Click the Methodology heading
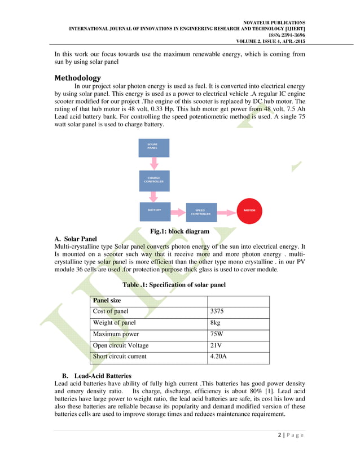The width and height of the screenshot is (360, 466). (x=77, y=78)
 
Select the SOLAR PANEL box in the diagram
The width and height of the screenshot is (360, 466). (x=153, y=148)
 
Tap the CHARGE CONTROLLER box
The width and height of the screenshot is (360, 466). (x=153, y=181)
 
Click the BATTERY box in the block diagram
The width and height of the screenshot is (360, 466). (x=154, y=211)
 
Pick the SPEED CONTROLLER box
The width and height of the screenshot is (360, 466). (x=200, y=212)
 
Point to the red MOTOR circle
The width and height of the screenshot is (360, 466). (x=249, y=210)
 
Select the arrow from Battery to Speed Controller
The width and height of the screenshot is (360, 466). (x=177, y=211)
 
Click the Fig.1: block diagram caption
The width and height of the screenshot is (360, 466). (x=179, y=231)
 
